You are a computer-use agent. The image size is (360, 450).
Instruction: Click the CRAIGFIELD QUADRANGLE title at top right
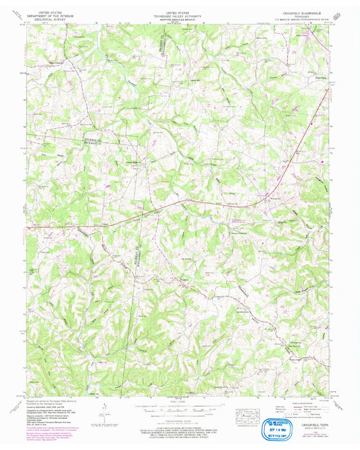click(307, 11)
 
